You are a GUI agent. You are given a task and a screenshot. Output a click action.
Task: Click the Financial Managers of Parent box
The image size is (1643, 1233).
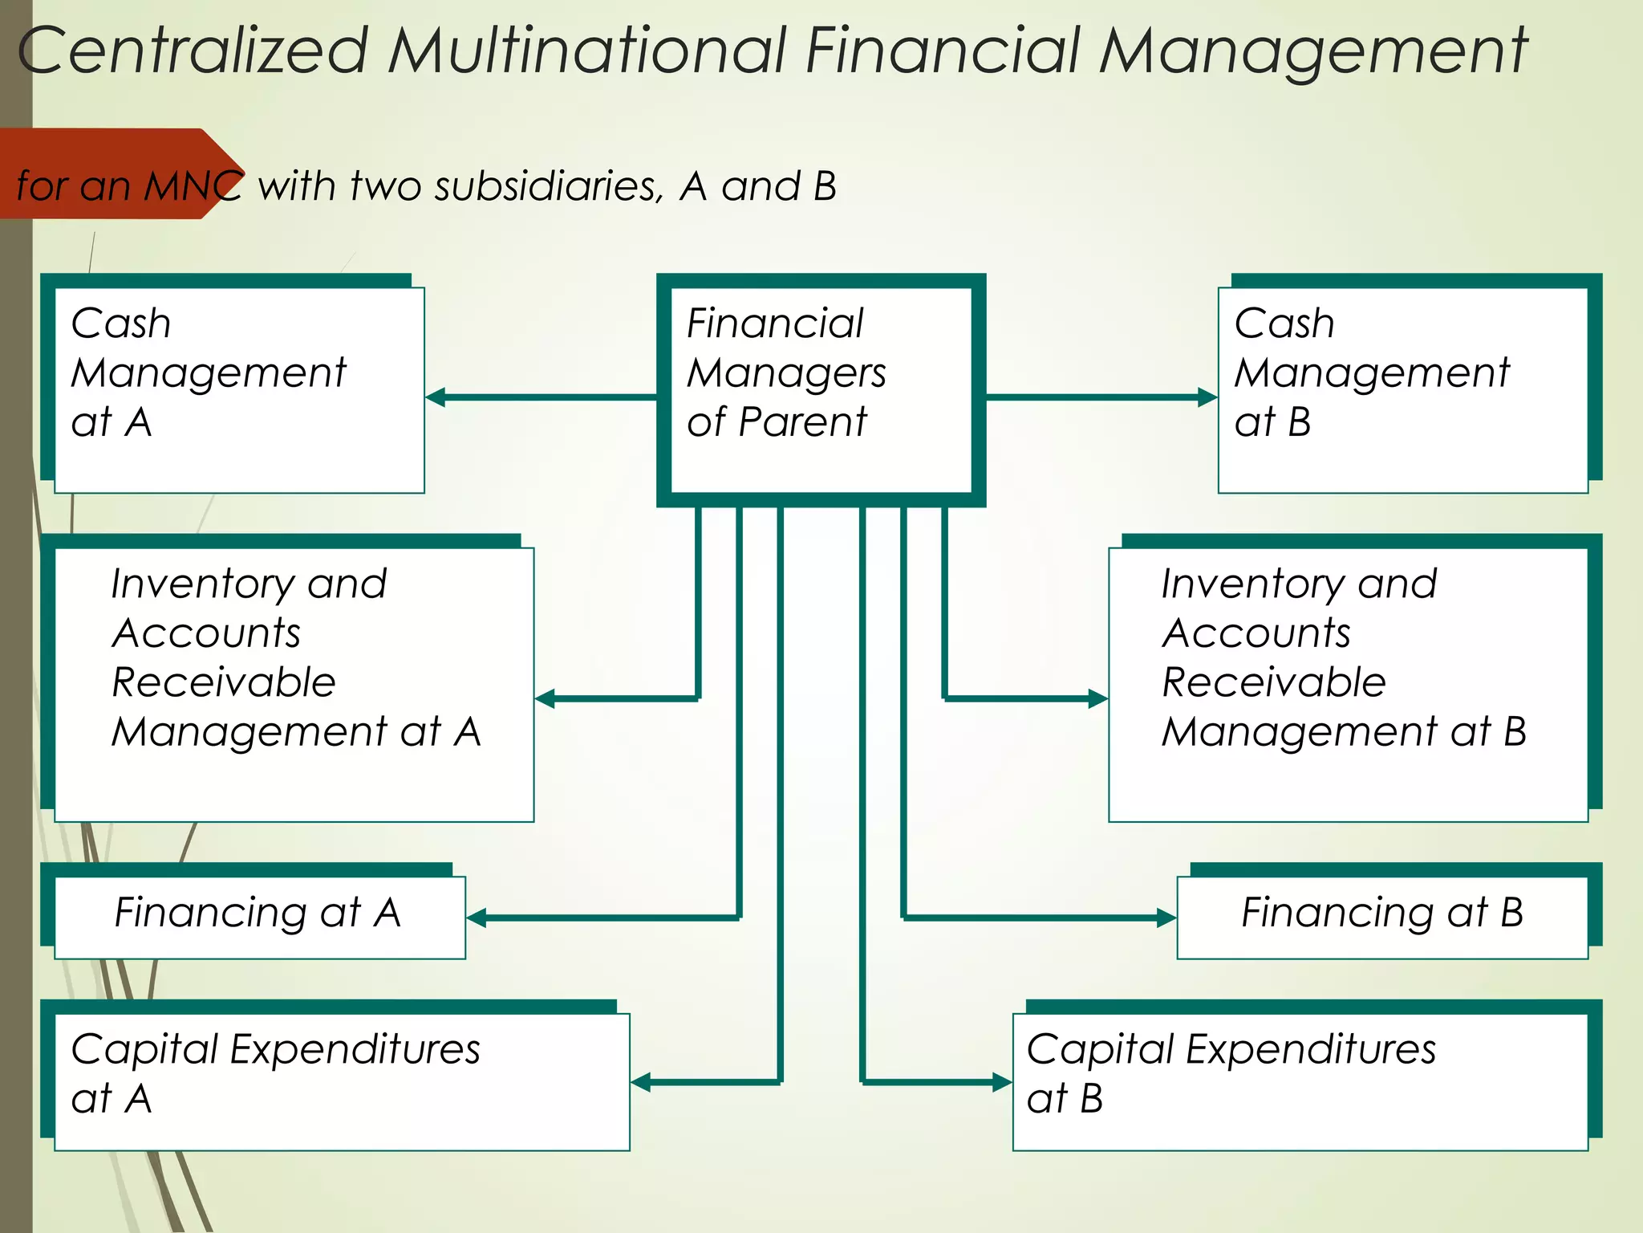821,390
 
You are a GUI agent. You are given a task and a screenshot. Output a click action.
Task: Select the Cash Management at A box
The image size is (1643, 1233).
239,390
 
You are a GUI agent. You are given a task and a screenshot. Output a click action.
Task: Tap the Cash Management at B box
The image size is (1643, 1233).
1402,390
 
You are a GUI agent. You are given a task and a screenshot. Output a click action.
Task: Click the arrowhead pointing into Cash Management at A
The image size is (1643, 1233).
436,397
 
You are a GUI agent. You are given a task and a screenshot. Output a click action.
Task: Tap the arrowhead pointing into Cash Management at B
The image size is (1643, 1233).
1207,397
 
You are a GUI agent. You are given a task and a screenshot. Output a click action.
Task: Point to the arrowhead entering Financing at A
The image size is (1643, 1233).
477,918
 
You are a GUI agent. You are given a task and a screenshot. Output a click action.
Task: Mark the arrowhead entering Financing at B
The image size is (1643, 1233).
1166,918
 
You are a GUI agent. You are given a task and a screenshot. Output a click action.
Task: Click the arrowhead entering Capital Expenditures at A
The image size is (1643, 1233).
641,1082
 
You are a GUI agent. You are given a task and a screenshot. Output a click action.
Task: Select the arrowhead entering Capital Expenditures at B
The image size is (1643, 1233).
1002,1082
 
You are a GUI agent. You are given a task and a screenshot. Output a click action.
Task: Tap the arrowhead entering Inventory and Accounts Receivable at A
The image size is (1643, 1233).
546,698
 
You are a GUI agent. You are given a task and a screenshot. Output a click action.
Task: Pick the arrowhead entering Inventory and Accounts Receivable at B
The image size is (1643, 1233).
1098,698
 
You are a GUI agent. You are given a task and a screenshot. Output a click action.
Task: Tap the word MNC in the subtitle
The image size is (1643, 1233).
193,186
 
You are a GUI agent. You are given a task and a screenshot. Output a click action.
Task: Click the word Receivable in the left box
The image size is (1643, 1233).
223,682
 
